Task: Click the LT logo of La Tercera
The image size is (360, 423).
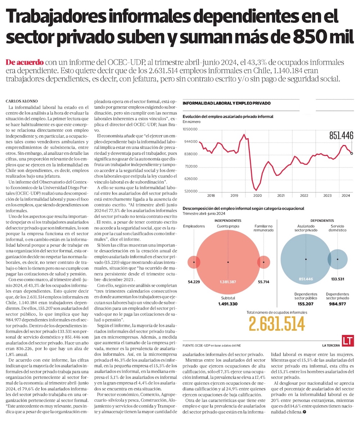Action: pyautogui.click(x=348, y=341)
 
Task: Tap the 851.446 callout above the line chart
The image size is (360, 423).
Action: pyautogui.click(x=341, y=135)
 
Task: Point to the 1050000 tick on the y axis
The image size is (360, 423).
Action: pyautogui.click(x=191, y=129)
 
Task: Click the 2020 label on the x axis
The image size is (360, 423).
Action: pyautogui.click(x=257, y=196)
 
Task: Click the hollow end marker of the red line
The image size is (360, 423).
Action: pyautogui.click(x=352, y=153)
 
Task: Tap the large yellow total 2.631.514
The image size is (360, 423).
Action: pyautogui.click(x=276, y=324)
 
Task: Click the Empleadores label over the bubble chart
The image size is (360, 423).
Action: pyautogui.click(x=194, y=226)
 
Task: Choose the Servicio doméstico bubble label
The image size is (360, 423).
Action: pyautogui.click(x=337, y=228)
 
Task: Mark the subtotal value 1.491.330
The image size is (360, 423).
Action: pyautogui.click(x=228, y=304)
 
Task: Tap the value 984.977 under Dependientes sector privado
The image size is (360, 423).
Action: pyautogui.click(x=337, y=304)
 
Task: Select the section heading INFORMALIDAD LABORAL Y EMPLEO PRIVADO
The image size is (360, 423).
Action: pyautogui.click(x=226, y=103)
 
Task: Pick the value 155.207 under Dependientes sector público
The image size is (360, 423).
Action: pyautogui.click(x=306, y=304)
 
